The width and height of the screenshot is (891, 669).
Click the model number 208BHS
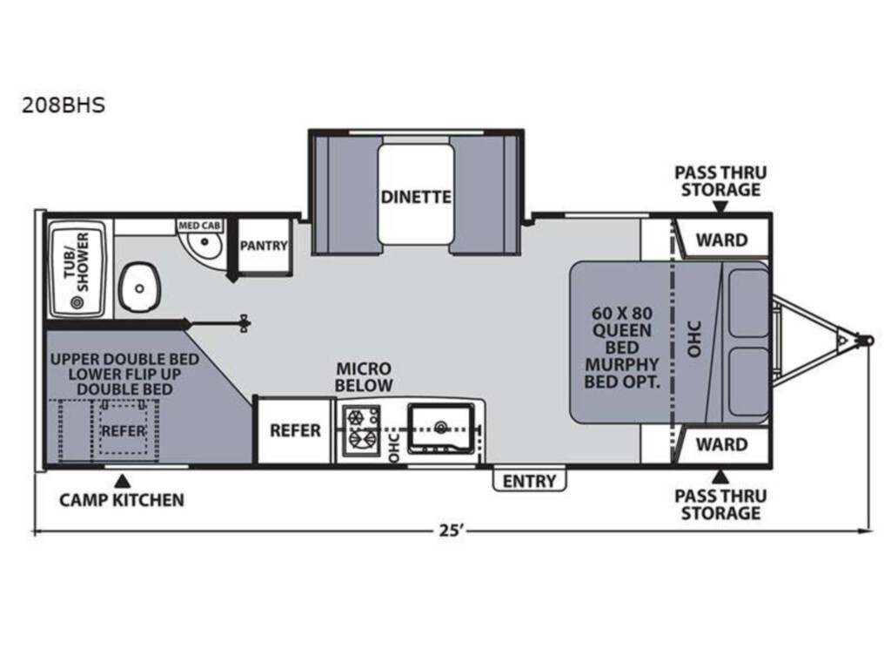tap(63, 105)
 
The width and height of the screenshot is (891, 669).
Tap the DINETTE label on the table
tap(416, 197)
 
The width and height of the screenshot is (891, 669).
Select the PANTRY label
tap(264, 246)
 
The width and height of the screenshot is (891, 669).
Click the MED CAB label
tap(199, 226)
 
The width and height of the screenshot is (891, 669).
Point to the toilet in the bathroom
tap(139, 287)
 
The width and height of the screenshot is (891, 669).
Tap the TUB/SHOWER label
tap(77, 261)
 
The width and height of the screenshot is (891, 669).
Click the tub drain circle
tap(77, 302)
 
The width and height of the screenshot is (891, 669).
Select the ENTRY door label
tap(529, 481)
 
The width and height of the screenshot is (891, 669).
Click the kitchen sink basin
tap(441, 429)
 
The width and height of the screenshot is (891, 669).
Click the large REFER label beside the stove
tap(295, 430)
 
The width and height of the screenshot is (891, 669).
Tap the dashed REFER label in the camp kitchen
tap(124, 431)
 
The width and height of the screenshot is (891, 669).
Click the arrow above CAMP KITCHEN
tap(122, 481)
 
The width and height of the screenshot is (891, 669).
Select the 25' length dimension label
tap(452, 530)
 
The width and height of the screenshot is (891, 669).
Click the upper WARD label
tap(721, 240)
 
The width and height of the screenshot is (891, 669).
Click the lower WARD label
tap(721, 444)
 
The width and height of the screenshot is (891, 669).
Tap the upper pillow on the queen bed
tap(748, 302)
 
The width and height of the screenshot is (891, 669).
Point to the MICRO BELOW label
tap(364, 377)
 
